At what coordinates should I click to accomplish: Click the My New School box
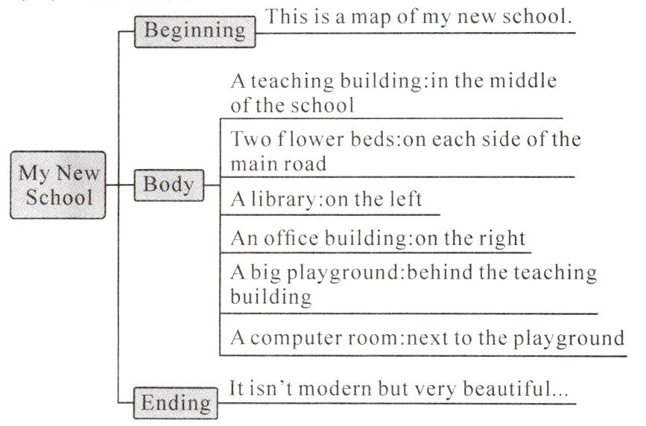coord(57,185)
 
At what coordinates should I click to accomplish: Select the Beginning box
coord(194,31)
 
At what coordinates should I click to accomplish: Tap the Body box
coord(168,184)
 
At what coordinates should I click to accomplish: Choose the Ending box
coord(177,404)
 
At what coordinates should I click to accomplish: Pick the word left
coord(408,199)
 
